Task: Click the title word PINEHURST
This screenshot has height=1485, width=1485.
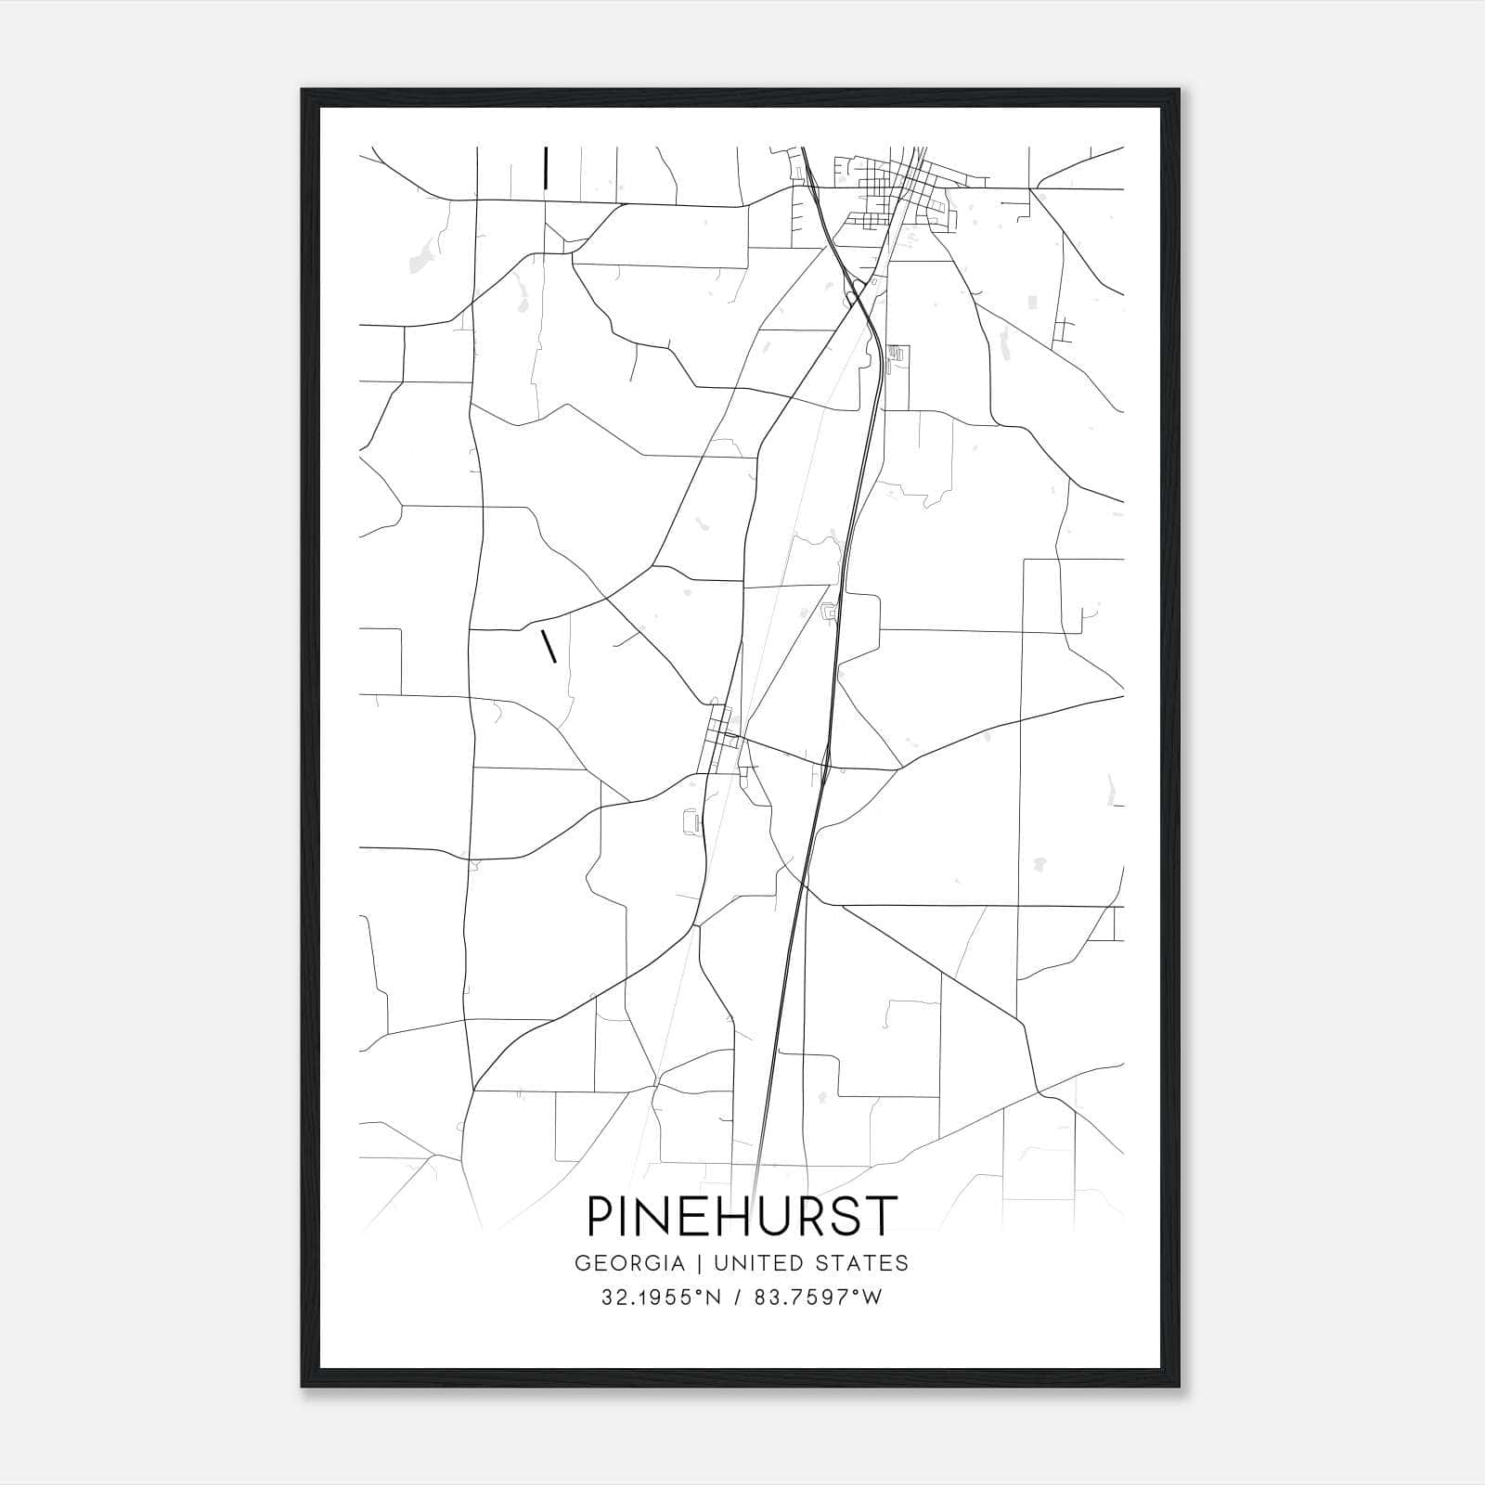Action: pyautogui.click(x=742, y=1217)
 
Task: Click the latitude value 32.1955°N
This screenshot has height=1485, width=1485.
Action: pyautogui.click(x=660, y=1298)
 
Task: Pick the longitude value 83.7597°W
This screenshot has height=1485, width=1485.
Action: pyautogui.click(x=817, y=1298)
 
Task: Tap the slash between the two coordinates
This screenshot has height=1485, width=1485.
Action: pyautogui.click(x=737, y=1298)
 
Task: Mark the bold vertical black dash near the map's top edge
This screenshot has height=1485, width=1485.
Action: pyautogui.click(x=546, y=167)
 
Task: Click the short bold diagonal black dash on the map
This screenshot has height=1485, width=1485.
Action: pyautogui.click(x=549, y=646)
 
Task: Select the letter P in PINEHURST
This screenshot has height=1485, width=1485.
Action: pyautogui.click(x=601, y=1217)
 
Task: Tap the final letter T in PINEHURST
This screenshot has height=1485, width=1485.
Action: pyautogui.click(x=884, y=1217)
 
